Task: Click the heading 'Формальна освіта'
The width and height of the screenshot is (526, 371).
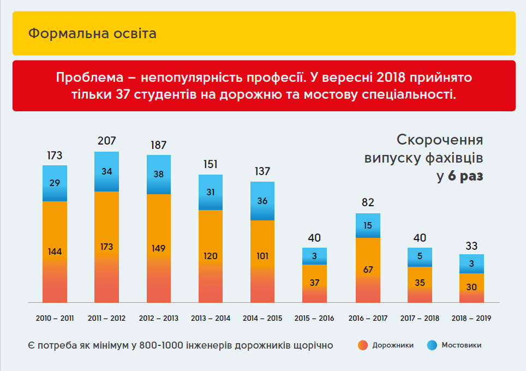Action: (x=92, y=33)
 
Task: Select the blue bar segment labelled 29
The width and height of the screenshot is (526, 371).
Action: (x=55, y=183)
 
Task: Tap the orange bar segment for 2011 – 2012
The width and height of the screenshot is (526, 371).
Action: (x=106, y=247)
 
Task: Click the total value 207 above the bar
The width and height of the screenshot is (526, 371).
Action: (x=107, y=141)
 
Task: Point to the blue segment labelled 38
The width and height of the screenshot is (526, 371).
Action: (x=158, y=175)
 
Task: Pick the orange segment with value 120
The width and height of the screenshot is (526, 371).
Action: (x=211, y=256)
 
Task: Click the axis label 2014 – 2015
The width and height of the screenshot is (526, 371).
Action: (x=262, y=318)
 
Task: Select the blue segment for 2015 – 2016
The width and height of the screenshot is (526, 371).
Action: (x=315, y=256)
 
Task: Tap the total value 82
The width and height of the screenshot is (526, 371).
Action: (x=368, y=203)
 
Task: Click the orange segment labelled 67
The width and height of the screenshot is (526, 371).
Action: (x=368, y=270)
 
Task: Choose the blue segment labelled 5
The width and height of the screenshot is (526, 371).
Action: (x=420, y=257)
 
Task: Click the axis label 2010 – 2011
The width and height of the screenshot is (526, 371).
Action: (x=55, y=318)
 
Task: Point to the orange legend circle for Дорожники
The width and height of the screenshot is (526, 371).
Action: (x=363, y=345)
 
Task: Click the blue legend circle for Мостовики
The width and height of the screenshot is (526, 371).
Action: (x=432, y=345)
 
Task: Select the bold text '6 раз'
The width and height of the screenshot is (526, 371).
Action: (x=465, y=176)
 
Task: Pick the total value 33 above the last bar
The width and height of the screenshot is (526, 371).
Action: (x=471, y=245)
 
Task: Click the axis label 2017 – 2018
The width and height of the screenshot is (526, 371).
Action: (x=420, y=318)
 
